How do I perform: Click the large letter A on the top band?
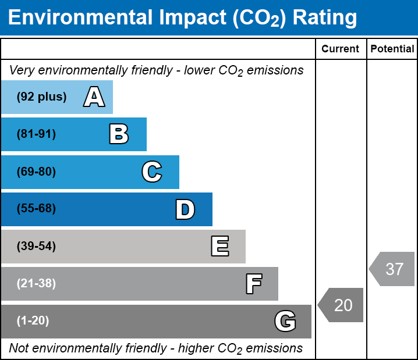pos(94,97)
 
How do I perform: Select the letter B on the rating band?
pos(119,134)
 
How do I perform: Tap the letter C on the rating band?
pos(151,172)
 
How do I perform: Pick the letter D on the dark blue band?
pos(185,209)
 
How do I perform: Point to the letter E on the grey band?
pos(219,247)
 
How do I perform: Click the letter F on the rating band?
pos(253,284)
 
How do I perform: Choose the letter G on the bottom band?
pos(285,321)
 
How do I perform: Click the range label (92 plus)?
pos(41,97)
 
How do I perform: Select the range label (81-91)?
pos(36,134)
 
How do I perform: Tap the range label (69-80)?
pos(36,172)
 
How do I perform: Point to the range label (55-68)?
pos(36,209)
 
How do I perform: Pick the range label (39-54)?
pos(36,247)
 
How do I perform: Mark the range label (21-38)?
pos(36,284)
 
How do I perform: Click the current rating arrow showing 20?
pos(341,305)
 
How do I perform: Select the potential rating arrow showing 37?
pos(392,269)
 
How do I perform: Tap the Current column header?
pos(341,49)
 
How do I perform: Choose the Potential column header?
pos(392,49)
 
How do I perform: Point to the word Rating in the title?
pos(324,18)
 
